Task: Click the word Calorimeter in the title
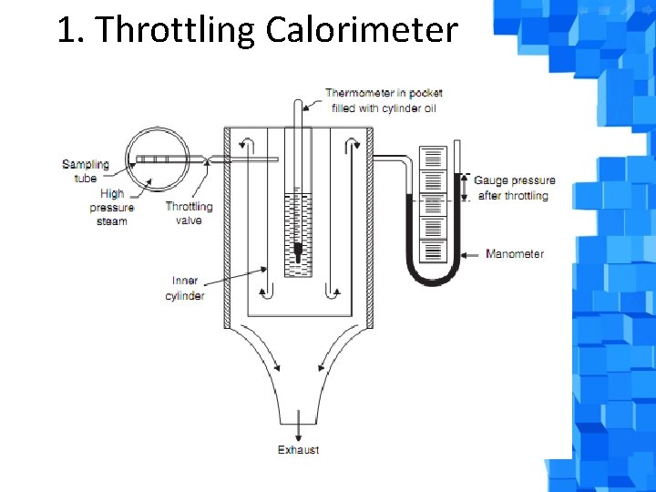pyautogui.click(x=362, y=31)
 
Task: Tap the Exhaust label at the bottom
pyautogui.click(x=298, y=450)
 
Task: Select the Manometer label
pyautogui.click(x=515, y=253)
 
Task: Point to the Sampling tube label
pyautogui.click(x=85, y=171)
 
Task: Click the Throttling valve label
pyautogui.click(x=189, y=213)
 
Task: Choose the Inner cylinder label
pyautogui.click(x=185, y=288)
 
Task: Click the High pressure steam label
pyautogui.click(x=112, y=207)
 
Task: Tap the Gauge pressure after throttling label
pyautogui.click(x=514, y=188)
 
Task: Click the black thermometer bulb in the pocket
pyautogui.click(x=298, y=251)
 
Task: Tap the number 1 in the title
pyautogui.click(x=66, y=31)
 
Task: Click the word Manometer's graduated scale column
pyautogui.click(x=433, y=205)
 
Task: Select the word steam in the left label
pyautogui.click(x=111, y=221)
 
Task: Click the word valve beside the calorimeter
pyautogui.click(x=189, y=220)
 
